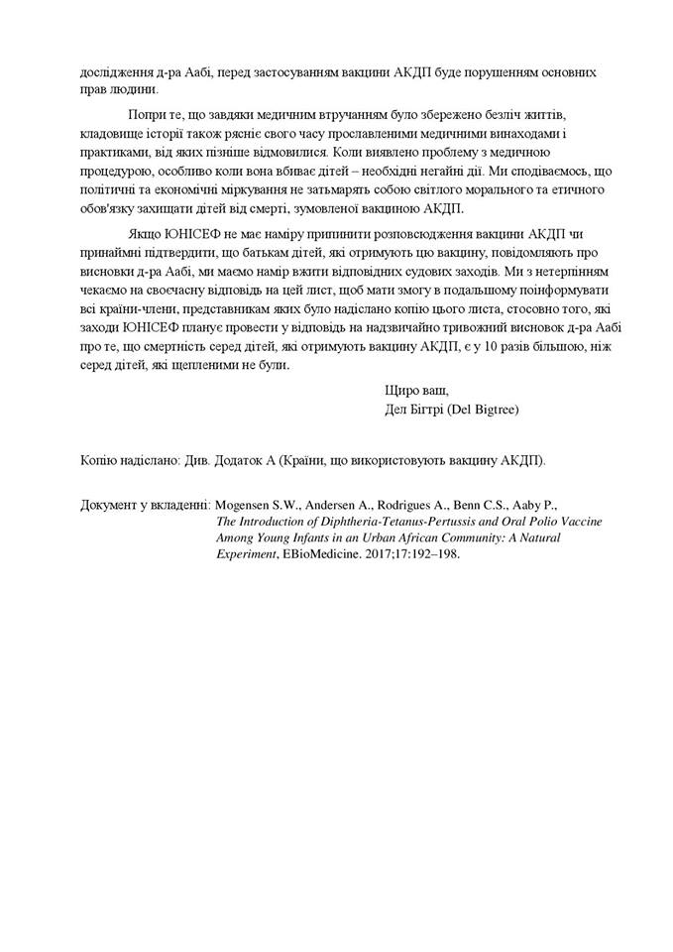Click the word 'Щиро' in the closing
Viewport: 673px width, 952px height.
pos(399,391)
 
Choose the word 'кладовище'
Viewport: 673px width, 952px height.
pos(112,134)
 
